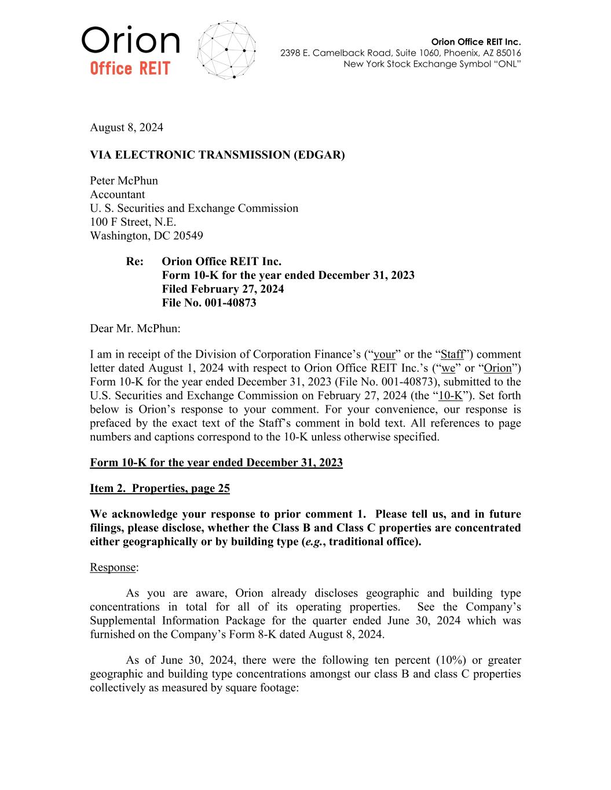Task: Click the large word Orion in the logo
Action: click(x=130, y=41)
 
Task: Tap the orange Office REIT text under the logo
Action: click(x=130, y=69)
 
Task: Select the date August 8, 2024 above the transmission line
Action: click(x=126, y=127)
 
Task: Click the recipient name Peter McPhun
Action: click(x=124, y=181)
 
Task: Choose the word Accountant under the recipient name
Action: click(x=118, y=194)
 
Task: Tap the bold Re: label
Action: click(x=135, y=262)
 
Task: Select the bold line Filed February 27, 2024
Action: click(x=223, y=289)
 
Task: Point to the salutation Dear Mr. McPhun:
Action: click(x=135, y=329)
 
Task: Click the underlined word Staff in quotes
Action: click(x=452, y=354)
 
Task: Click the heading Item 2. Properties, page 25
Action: click(x=160, y=488)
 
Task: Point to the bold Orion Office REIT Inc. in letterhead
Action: click(x=476, y=42)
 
